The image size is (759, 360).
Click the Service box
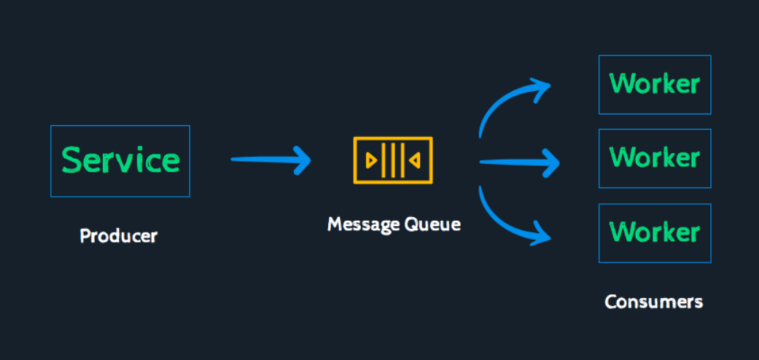[x=120, y=161]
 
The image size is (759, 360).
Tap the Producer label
[x=119, y=236]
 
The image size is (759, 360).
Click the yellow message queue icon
[x=392, y=160]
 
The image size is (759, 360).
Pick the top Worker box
[x=655, y=85]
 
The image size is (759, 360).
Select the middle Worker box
[x=655, y=158]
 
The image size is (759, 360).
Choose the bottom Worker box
[x=655, y=233]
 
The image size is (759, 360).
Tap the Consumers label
[x=653, y=302]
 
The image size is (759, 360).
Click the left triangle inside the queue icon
[x=371, y=160]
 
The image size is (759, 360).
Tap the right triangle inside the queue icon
[x=414, y=160]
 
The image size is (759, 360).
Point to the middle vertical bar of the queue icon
[x=392, y=160]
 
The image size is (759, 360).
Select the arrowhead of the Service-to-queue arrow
[x=302, y=160]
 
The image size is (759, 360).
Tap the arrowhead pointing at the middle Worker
[x=551, y=163]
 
